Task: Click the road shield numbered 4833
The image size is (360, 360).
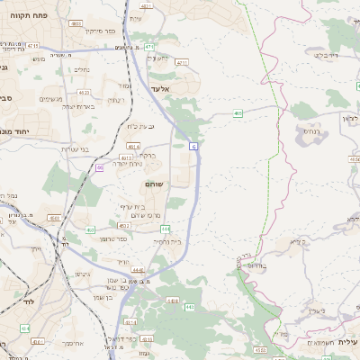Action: point(76,23)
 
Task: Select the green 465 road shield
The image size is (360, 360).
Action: point(238,113)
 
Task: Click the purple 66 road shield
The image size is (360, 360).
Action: point(99,167)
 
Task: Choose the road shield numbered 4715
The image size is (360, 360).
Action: point(32,44)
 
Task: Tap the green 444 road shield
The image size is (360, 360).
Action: point(166,229)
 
